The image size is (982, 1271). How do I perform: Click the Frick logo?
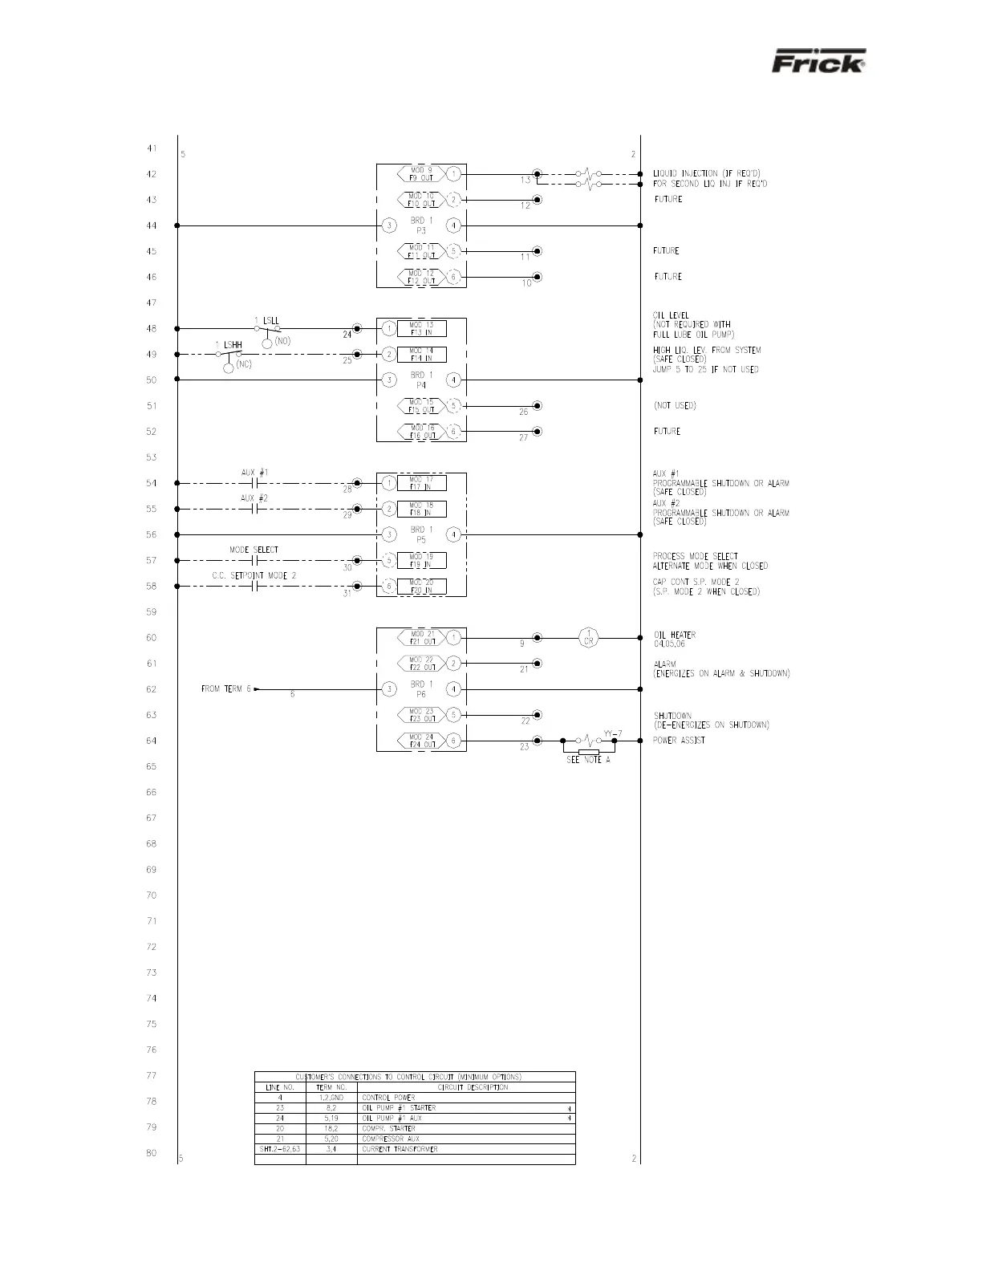coord(818,61)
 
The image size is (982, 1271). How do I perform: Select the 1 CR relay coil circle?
coord(589,637)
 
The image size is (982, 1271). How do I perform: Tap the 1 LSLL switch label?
coord(267,321)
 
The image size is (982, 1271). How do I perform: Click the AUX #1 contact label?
coord(255,473)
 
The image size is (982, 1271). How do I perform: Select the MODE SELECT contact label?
coord(254,550)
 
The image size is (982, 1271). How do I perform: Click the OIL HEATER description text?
coord(674,635)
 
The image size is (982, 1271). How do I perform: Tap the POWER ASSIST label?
coord(679,741)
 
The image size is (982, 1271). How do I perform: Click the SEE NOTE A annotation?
coord(588,760)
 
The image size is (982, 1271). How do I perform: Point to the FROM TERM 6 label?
coord(226,689)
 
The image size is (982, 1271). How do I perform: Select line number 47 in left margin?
coord(152,303)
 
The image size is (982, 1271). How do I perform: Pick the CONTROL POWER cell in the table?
coord(388,1097)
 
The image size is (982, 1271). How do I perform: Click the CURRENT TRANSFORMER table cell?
coord(400,1149)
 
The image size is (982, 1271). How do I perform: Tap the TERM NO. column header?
coord(331,1087)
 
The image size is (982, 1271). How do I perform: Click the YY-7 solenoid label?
coord(613,733)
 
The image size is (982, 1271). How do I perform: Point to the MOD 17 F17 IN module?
coord(421,483)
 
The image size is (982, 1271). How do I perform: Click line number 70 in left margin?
coord(152,895)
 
